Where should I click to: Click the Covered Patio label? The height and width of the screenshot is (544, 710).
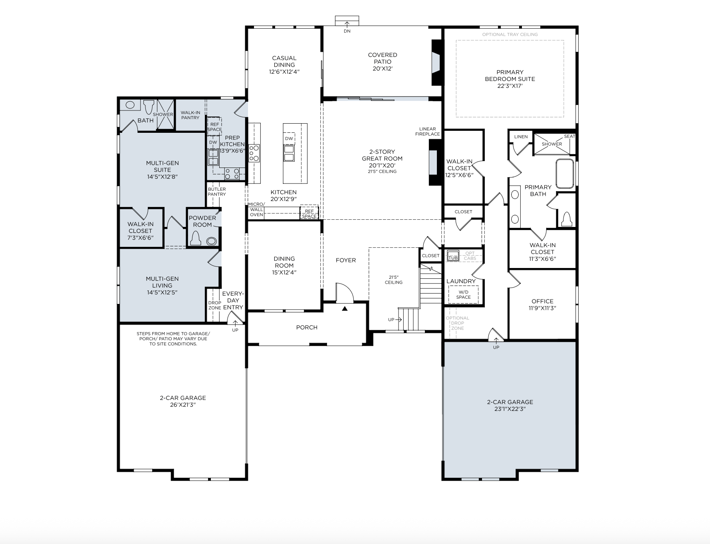(383, 61)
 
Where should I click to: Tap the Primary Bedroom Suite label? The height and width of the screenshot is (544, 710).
(510, 79)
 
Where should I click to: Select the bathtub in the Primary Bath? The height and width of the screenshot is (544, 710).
(565, 173)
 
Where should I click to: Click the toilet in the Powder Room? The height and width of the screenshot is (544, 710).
(195, 238)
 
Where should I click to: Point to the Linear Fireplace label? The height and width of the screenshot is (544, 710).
(427, 131)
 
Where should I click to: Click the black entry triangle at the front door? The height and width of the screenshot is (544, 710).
(345, 308)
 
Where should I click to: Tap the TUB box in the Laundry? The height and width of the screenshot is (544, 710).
(453, 255)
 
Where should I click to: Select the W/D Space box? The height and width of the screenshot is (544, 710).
(464, 295)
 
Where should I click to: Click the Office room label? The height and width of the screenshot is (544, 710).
(542, 304)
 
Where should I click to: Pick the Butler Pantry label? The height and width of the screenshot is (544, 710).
(217, 191)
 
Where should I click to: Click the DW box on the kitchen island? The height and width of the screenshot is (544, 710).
(289, 138)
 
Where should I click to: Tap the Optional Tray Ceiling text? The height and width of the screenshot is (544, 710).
(510, 34)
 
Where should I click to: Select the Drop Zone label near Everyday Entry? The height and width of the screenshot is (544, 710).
(214, 305)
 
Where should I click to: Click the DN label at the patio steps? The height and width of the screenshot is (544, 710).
(347, 31)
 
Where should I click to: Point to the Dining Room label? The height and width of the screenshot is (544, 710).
(284, 265)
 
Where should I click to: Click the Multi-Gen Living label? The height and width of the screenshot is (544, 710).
(162, 285)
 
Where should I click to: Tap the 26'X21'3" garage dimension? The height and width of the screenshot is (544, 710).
(183, 405)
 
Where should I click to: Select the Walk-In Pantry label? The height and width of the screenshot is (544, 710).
(190, 115)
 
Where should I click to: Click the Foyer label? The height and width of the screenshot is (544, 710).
(346, 260)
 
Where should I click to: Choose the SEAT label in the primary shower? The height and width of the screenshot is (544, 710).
(569, 136)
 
